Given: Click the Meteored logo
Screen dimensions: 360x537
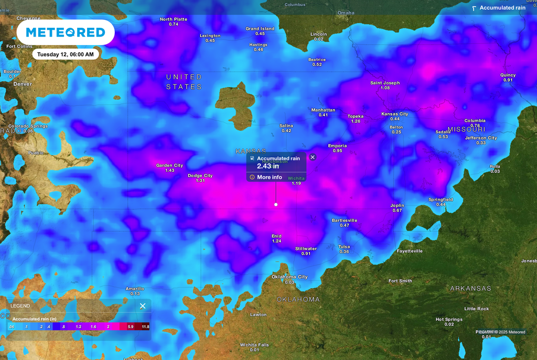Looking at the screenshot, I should [66, 32].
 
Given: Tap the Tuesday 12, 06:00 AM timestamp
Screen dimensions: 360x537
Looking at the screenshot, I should [66, 54].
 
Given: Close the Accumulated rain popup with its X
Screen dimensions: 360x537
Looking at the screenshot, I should [313, 157].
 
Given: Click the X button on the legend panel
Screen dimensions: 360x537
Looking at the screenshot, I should [143, 306].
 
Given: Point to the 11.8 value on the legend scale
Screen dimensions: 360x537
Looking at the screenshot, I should [145, 326].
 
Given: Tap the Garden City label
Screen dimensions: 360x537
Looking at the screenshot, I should [169, 166].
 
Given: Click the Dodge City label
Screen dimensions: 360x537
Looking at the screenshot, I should [200, 176].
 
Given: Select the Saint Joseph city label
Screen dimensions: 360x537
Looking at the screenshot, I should [385, 83].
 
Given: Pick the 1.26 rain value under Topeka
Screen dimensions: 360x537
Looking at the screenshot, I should [356, 121].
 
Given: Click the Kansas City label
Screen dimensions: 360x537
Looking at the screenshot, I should [394, 114].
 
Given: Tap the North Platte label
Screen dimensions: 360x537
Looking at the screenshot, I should [173, 19].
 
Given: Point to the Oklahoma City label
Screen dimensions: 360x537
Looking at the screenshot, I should [289, 277].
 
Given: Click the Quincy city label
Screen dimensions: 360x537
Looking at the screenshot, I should [508, 75].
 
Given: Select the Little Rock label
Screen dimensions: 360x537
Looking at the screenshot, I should [476, 309].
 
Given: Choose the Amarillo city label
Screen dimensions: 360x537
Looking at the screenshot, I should [135, 289].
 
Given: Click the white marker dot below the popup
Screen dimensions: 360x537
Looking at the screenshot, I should [276, 204].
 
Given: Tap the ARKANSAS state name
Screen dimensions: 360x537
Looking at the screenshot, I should [470, 288].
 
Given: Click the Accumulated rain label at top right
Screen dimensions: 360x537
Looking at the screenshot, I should [502, 8].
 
